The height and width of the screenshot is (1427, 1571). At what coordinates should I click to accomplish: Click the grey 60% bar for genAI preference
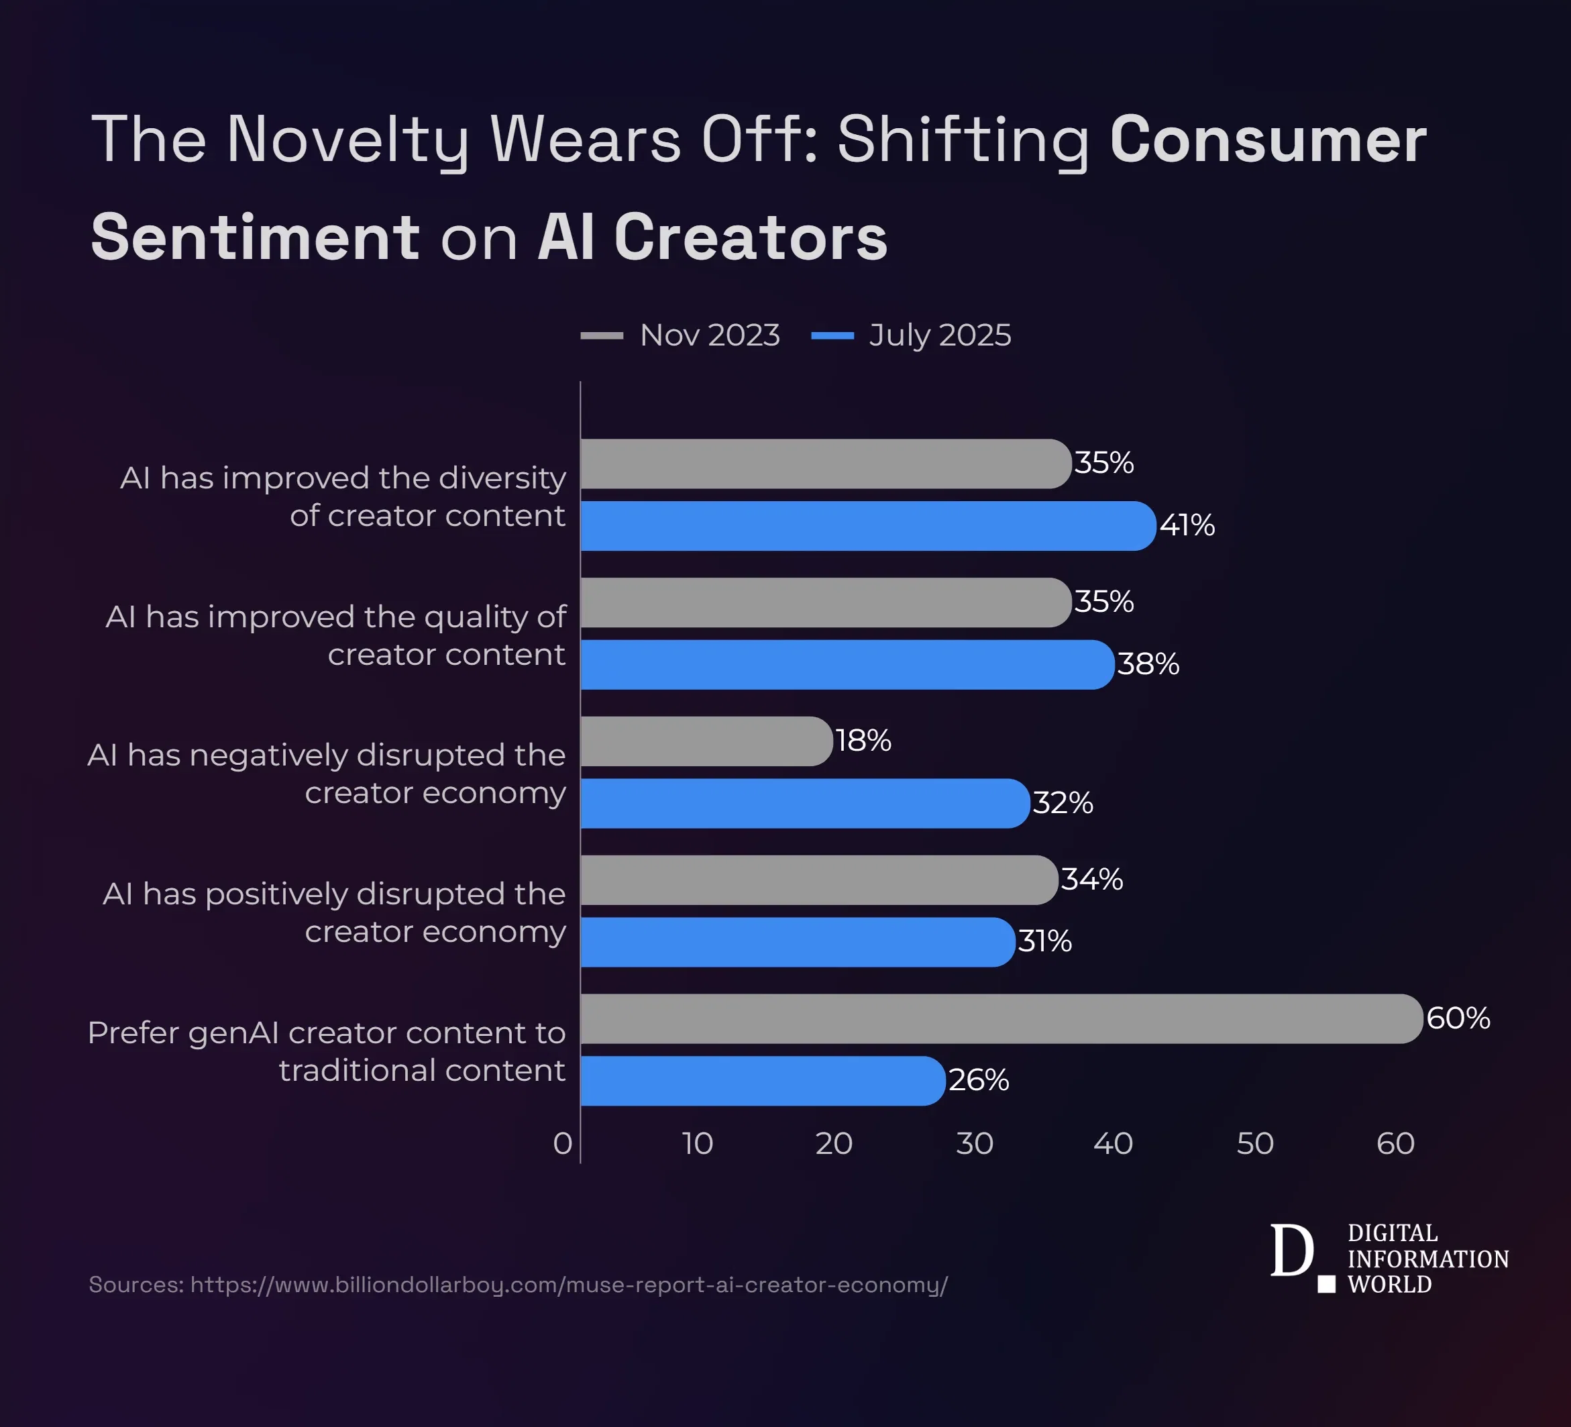click(x=1001, y=1018)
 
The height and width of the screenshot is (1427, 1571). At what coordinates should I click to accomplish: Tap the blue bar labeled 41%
click(x=867, y=526)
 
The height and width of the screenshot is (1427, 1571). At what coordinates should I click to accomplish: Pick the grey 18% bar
click(x=706, y=741)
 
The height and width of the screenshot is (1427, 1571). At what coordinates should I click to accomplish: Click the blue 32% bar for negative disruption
click(x=804, y=804)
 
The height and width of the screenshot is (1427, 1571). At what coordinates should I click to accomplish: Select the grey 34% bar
click(x=818, y=880)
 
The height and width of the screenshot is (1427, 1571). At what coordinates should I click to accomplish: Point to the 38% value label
click(x=1148, y=665)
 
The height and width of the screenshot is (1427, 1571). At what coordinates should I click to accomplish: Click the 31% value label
click(x=1044, y=941)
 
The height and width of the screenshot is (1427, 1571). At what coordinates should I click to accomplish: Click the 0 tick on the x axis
click(x=563, y=1144)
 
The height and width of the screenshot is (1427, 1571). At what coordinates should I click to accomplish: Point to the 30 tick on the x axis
click(x=974, y=1144)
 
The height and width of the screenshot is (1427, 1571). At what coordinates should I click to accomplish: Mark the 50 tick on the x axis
click(x=1254, y=1144)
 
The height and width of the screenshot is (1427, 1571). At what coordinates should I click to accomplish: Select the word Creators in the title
click(x=751, y=237)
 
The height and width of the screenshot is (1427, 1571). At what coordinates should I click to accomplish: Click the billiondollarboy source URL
click(x=568, y=1284)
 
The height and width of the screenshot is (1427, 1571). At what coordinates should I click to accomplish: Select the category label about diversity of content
click(x=343, y=496)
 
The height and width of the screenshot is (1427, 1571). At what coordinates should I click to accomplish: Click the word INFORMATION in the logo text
click(x=1427, y=1259)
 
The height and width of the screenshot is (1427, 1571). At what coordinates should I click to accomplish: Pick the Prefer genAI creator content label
click(x=327, y=1051)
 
